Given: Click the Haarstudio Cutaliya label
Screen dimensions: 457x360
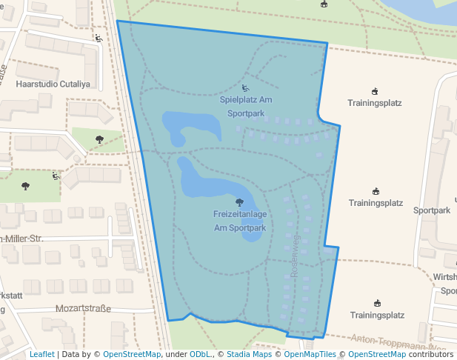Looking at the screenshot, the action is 53,84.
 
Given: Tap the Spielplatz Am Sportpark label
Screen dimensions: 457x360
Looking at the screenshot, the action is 246,107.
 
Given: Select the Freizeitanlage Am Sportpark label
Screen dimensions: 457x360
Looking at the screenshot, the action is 240,221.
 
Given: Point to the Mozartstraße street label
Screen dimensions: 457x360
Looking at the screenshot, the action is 83,308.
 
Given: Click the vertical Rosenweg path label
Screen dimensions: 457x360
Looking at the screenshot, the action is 294,256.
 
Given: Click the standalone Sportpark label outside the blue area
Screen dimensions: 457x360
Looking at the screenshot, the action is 432,210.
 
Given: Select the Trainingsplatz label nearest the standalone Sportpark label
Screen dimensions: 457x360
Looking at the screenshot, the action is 376,202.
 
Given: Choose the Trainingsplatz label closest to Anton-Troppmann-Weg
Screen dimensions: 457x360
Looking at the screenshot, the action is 377,315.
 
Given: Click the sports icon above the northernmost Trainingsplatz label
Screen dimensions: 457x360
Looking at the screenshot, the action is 375,92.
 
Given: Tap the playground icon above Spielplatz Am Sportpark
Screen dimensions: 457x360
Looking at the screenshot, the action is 246,89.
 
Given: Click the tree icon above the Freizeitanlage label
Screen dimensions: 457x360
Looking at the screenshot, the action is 239,202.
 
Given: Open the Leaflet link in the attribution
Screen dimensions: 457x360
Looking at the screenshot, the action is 41,355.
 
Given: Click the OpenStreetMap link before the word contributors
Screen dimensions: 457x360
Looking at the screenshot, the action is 377,355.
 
